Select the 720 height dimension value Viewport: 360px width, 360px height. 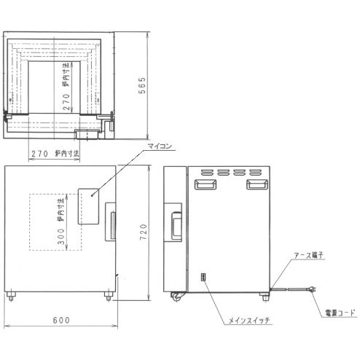pos(144,233)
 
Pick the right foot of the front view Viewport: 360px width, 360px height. pos(109,295)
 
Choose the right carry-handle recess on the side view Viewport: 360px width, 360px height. pos(255,186)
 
